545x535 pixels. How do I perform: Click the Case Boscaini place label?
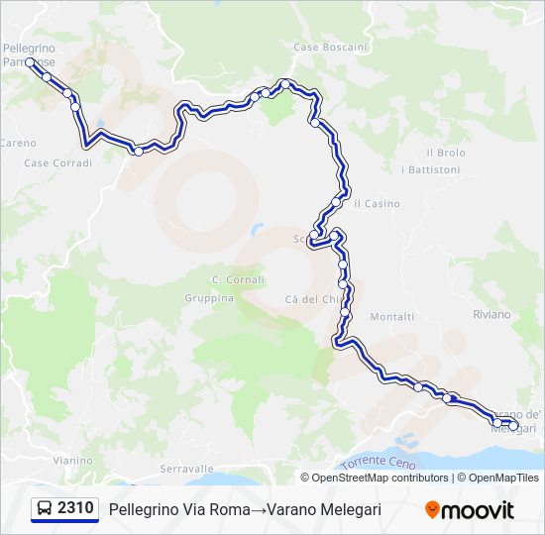(331, 47)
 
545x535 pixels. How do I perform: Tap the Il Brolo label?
(445, 153)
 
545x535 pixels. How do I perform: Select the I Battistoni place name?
(430, 169)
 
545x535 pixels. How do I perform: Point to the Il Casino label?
(377, 204)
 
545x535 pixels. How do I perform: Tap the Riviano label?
(491, 314)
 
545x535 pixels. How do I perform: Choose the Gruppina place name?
(209, 298)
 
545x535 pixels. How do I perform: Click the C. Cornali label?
(238, 279)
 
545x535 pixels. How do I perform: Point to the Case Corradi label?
(57, 162)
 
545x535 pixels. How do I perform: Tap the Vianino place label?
(72, 461)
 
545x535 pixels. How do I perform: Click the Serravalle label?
(186, 468)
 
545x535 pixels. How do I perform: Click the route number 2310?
(75, 509)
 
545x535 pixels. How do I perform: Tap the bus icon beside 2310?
(45, 509)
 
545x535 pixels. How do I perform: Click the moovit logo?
(470, 510)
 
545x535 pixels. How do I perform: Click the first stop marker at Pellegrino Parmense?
(30, 62)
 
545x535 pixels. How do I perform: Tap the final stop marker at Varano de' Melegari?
(512, 425)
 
